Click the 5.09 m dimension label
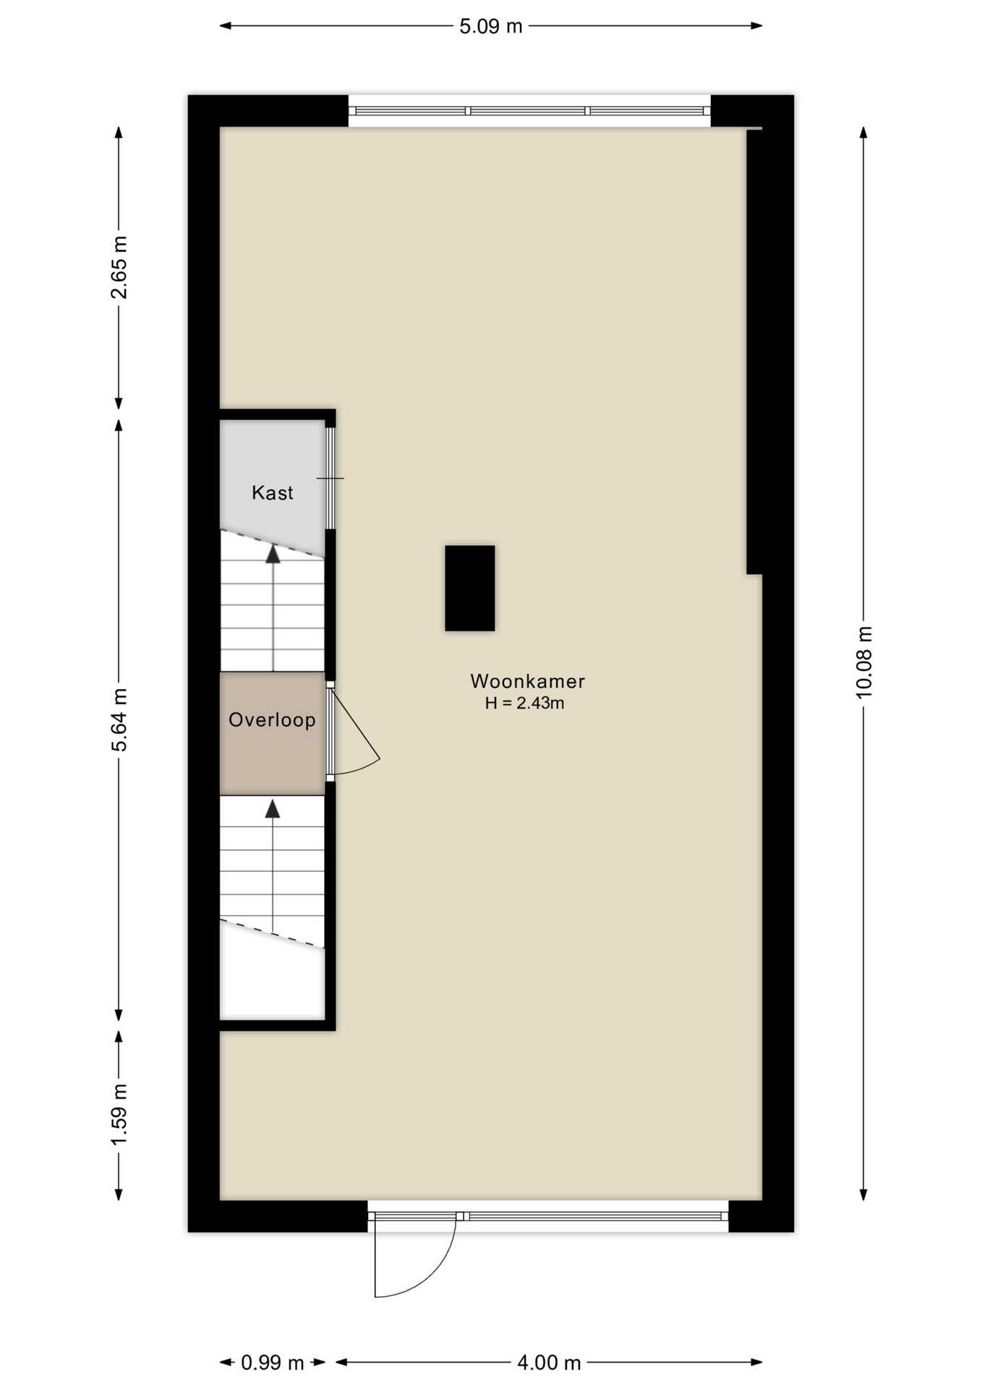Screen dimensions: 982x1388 (490, 27)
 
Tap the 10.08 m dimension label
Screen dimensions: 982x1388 (864, 662)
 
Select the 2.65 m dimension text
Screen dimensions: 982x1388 (119, 267)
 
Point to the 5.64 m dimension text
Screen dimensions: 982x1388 (119, 720)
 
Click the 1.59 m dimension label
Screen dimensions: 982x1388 (119, 1115)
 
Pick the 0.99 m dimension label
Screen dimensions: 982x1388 (272, 1363)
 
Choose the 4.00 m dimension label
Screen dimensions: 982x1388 (549, 1363)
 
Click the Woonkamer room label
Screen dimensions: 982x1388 (527, 681)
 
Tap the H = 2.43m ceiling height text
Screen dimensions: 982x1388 (524, 703)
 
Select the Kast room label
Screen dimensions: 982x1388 (272, 493)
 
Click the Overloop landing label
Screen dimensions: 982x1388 (272, 720)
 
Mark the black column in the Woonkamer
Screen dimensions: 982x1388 (470, 588)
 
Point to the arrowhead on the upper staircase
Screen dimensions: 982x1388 (273, 554)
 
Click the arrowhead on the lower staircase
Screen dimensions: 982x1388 (273, 808)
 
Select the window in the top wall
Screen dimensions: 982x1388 (529, 111)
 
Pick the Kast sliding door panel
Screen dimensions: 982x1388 (330, 478)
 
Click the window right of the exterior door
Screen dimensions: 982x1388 (596, 1216)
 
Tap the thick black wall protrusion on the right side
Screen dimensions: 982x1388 (755, 352)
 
